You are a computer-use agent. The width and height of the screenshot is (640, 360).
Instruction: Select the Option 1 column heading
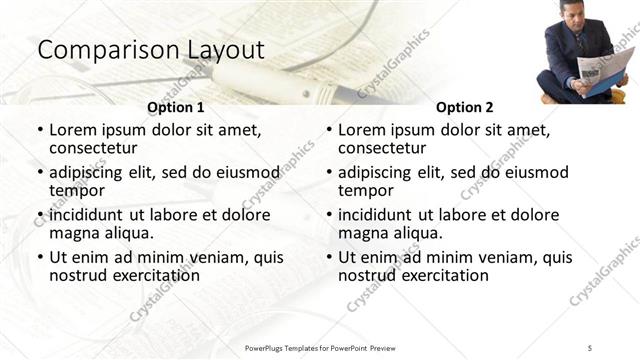176,107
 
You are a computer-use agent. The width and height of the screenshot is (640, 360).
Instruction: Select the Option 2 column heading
465,107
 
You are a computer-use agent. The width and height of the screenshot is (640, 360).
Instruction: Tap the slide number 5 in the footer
590,346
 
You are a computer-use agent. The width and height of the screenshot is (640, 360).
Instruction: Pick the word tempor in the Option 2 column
364,191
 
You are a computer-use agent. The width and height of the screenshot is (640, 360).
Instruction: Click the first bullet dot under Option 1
39,131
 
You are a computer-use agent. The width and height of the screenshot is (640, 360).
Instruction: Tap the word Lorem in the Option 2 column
361,130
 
